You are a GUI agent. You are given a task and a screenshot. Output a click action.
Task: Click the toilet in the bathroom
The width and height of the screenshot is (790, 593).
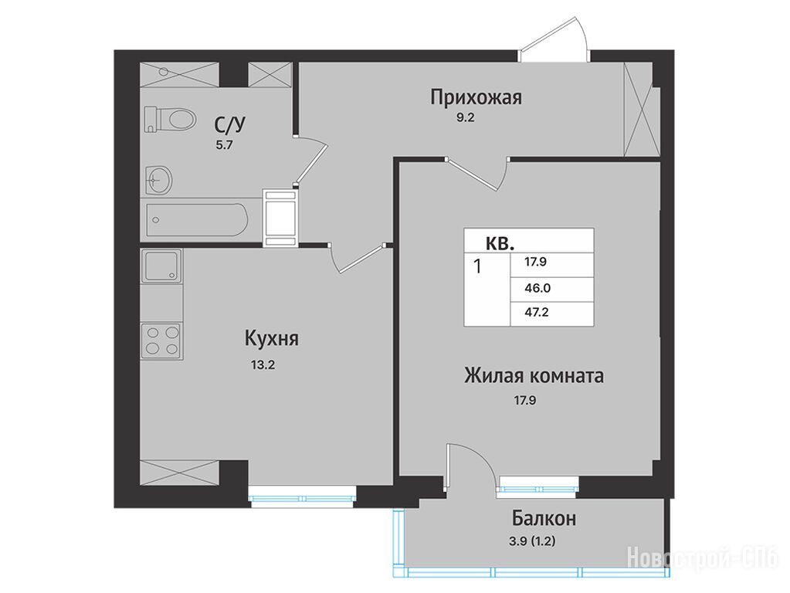pos(169,120)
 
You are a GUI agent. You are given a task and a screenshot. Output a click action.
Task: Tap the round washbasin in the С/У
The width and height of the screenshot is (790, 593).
pos(159,179)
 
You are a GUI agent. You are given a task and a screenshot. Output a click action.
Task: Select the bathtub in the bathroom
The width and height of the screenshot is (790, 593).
pos(197,219)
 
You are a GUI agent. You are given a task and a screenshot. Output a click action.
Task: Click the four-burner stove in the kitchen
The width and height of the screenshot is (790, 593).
pos(161,341)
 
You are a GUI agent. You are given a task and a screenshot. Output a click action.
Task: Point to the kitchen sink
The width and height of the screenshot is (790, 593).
pos(161,266)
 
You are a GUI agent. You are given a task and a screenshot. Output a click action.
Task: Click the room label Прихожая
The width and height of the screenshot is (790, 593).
pos(476,97)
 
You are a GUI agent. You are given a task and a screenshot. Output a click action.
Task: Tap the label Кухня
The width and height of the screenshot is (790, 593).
pos(272,338)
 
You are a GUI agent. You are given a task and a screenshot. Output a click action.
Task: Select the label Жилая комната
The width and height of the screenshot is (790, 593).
pos(534,376)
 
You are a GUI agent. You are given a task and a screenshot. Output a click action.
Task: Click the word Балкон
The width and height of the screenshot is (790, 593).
pos(544,518)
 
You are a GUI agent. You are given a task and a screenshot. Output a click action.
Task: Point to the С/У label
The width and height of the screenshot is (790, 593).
pos(230,124)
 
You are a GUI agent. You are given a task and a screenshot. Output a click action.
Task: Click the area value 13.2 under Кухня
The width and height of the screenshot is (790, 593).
pos(263,364)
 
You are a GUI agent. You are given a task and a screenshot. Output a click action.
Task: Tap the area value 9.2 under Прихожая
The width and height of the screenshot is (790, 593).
pos(465,118)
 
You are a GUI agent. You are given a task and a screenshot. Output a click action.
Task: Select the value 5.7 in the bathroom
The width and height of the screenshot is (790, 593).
pos(225,146)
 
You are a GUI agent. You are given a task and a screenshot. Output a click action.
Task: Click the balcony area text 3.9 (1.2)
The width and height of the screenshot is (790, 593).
pos(533,542)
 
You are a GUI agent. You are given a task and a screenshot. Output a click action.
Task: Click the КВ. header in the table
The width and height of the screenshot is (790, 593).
pos(500,244)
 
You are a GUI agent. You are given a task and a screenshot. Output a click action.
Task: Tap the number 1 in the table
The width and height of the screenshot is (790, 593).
pos(477,266)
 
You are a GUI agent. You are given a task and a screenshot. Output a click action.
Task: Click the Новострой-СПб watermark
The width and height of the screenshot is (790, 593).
pos(704,557)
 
